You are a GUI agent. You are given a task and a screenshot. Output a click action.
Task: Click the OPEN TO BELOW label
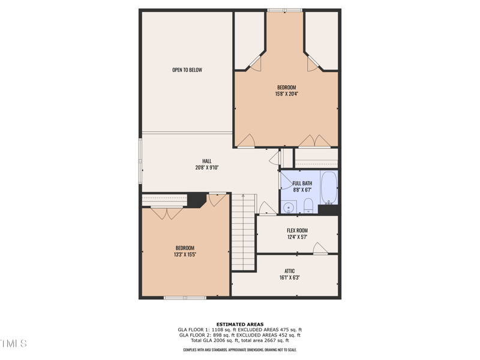pyautogui.click(x=187, y=70)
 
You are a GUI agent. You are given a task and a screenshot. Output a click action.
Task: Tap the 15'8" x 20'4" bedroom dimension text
pyautogui.click(x=286, y=94)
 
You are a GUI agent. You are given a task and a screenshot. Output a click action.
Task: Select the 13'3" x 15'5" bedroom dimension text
pyautogui.click(x=185, y=254)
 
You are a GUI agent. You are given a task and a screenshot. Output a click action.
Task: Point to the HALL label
pyautogui.click(x=206, y=161)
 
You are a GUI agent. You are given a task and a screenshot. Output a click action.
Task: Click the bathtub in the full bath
pyautogui.click(x=329, y=188)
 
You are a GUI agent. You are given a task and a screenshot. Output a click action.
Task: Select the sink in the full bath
pyautogui.click(x=289, y=208)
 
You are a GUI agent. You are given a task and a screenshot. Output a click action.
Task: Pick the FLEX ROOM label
pyautogui.click(x=297, y=230)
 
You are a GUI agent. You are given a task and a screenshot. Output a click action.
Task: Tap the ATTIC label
pyautogui.click(x=289, y=271)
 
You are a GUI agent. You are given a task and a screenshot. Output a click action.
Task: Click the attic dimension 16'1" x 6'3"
pyautogui.click(x=289, y=278)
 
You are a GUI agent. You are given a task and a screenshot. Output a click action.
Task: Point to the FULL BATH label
pyautogui.click(x=302, y=183)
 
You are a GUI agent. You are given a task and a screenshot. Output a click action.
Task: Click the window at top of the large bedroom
pyautogui.click(x=285, y=10)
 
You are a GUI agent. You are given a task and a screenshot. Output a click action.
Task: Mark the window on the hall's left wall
pyautogui.click(x=140, y=163)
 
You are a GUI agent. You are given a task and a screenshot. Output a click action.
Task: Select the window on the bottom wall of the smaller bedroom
pyautogui.click(x=185, y=297)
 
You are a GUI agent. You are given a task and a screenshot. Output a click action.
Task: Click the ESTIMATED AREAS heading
pyautogui.click(x=240, y=324)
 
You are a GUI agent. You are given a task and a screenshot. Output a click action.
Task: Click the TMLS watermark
pyautogui.click(x=13, y=344)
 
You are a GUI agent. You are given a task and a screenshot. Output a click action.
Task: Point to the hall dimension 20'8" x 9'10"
pyautogui.click(x=206, y=167)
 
